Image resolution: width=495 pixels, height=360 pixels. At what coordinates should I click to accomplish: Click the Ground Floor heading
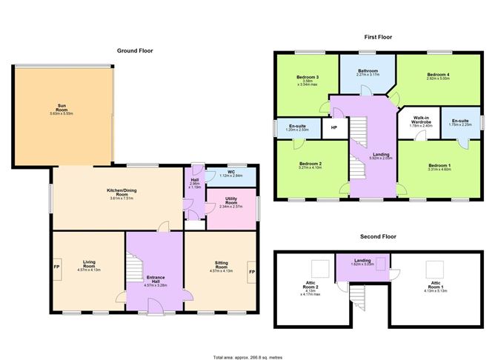pos(135,50)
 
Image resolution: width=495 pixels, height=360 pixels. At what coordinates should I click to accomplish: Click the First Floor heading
pos(377,36)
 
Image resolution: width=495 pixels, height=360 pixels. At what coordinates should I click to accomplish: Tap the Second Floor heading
pos(377,236)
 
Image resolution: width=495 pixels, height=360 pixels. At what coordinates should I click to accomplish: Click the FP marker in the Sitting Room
pos(252,273)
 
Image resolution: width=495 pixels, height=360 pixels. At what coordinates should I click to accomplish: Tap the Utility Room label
pos(230,203)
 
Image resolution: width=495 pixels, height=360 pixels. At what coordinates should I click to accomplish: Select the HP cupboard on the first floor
pos(333,128)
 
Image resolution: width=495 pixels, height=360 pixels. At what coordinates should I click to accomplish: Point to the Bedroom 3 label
pos(307,79)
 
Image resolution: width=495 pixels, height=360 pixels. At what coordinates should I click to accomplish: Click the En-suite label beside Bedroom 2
pos(298,127)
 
